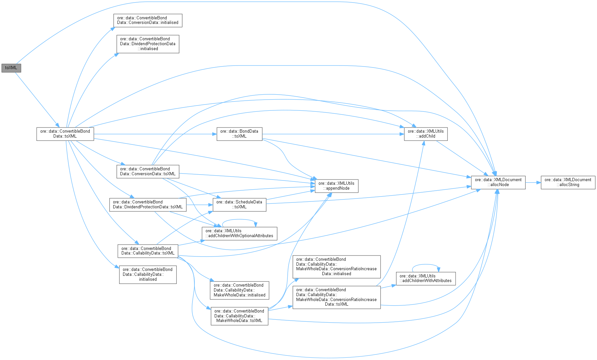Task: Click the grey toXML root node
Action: (x=11, y=68)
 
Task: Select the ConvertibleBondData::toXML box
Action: (x=65, y=134)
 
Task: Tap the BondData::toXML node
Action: (x=239, y=134)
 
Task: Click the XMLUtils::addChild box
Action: (x=425, y=134)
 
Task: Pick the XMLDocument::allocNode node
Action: (x=498, y=182)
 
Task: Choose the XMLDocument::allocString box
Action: (x=568, y=182)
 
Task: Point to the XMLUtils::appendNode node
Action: (x=336, y=186)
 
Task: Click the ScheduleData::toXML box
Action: (x=239, y=204)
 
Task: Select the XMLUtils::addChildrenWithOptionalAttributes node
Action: (x=239, y=233)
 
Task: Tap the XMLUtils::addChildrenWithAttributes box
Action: (x=425, y=278)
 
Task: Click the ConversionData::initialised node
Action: (x=148, y=20)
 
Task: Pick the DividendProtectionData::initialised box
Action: (x=148, y=44)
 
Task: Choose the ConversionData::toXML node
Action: (x=148, y=171)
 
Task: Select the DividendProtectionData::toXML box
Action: (x=148, y=204)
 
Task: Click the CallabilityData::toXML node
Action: (x=148, y=251)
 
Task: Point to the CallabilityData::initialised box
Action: (x=148, y=275)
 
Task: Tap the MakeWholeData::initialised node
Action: (x=240, y=290)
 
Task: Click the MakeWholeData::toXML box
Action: (x=239, y=316)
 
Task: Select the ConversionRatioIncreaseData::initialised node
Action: (x=336, y=267)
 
